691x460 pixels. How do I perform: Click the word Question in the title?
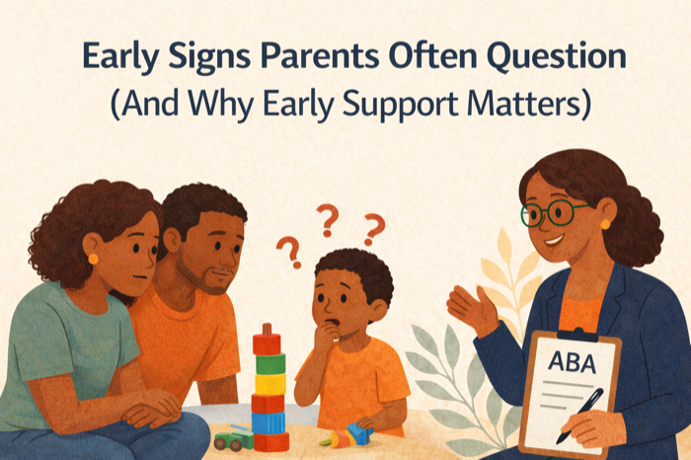pyautogui.click(x=556, y=57)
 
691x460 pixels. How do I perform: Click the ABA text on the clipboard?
pyautogui.click(x=572, y=363)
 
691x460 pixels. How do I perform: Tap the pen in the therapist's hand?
pyautogui.click(x=580, y=415)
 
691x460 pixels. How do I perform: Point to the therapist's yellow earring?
pyautogui.click(x=605, y=224)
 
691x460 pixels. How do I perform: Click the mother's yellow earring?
pyautogui.click(x=93, y=259)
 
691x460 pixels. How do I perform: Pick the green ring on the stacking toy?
pyautogui.click(x=270, y=363)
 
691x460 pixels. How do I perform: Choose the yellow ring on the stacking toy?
pyautogui.click(x=270, y=383)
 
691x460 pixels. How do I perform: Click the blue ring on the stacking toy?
pyautogui.click(x=269, y=423)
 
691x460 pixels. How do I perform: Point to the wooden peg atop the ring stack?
pyautogui.click(x=267, y=329)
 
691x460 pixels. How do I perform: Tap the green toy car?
pyautogui.click(x=233, y=439)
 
